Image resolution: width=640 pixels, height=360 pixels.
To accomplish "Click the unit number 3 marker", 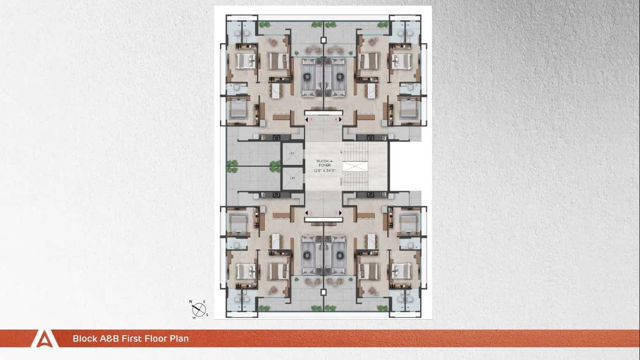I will point(311,120).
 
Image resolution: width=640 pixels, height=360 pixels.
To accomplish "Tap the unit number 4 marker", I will point(335,120).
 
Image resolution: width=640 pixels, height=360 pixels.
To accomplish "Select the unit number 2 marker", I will point(311,213).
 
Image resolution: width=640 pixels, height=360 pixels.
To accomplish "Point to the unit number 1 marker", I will point(335,213).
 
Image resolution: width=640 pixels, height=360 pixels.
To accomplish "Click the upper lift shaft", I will point(292,154).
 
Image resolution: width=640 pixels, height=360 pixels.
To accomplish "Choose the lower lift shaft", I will point(292,179).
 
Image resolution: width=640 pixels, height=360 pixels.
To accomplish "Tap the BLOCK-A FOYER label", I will point(324,163).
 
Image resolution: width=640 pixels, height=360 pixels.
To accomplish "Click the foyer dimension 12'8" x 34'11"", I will point(324,171).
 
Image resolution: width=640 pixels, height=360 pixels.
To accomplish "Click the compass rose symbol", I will point(200,309).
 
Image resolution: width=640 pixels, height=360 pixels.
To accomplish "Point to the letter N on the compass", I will point(191,302).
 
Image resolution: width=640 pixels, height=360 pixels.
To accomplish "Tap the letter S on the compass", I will point(207,315).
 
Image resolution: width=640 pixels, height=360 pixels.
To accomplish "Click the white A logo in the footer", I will point(45,338).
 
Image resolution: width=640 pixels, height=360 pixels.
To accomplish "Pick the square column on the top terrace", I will point(323,40).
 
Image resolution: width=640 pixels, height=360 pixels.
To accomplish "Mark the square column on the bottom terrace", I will point(323,292).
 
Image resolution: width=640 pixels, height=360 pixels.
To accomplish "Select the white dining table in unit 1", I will point(372,241).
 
